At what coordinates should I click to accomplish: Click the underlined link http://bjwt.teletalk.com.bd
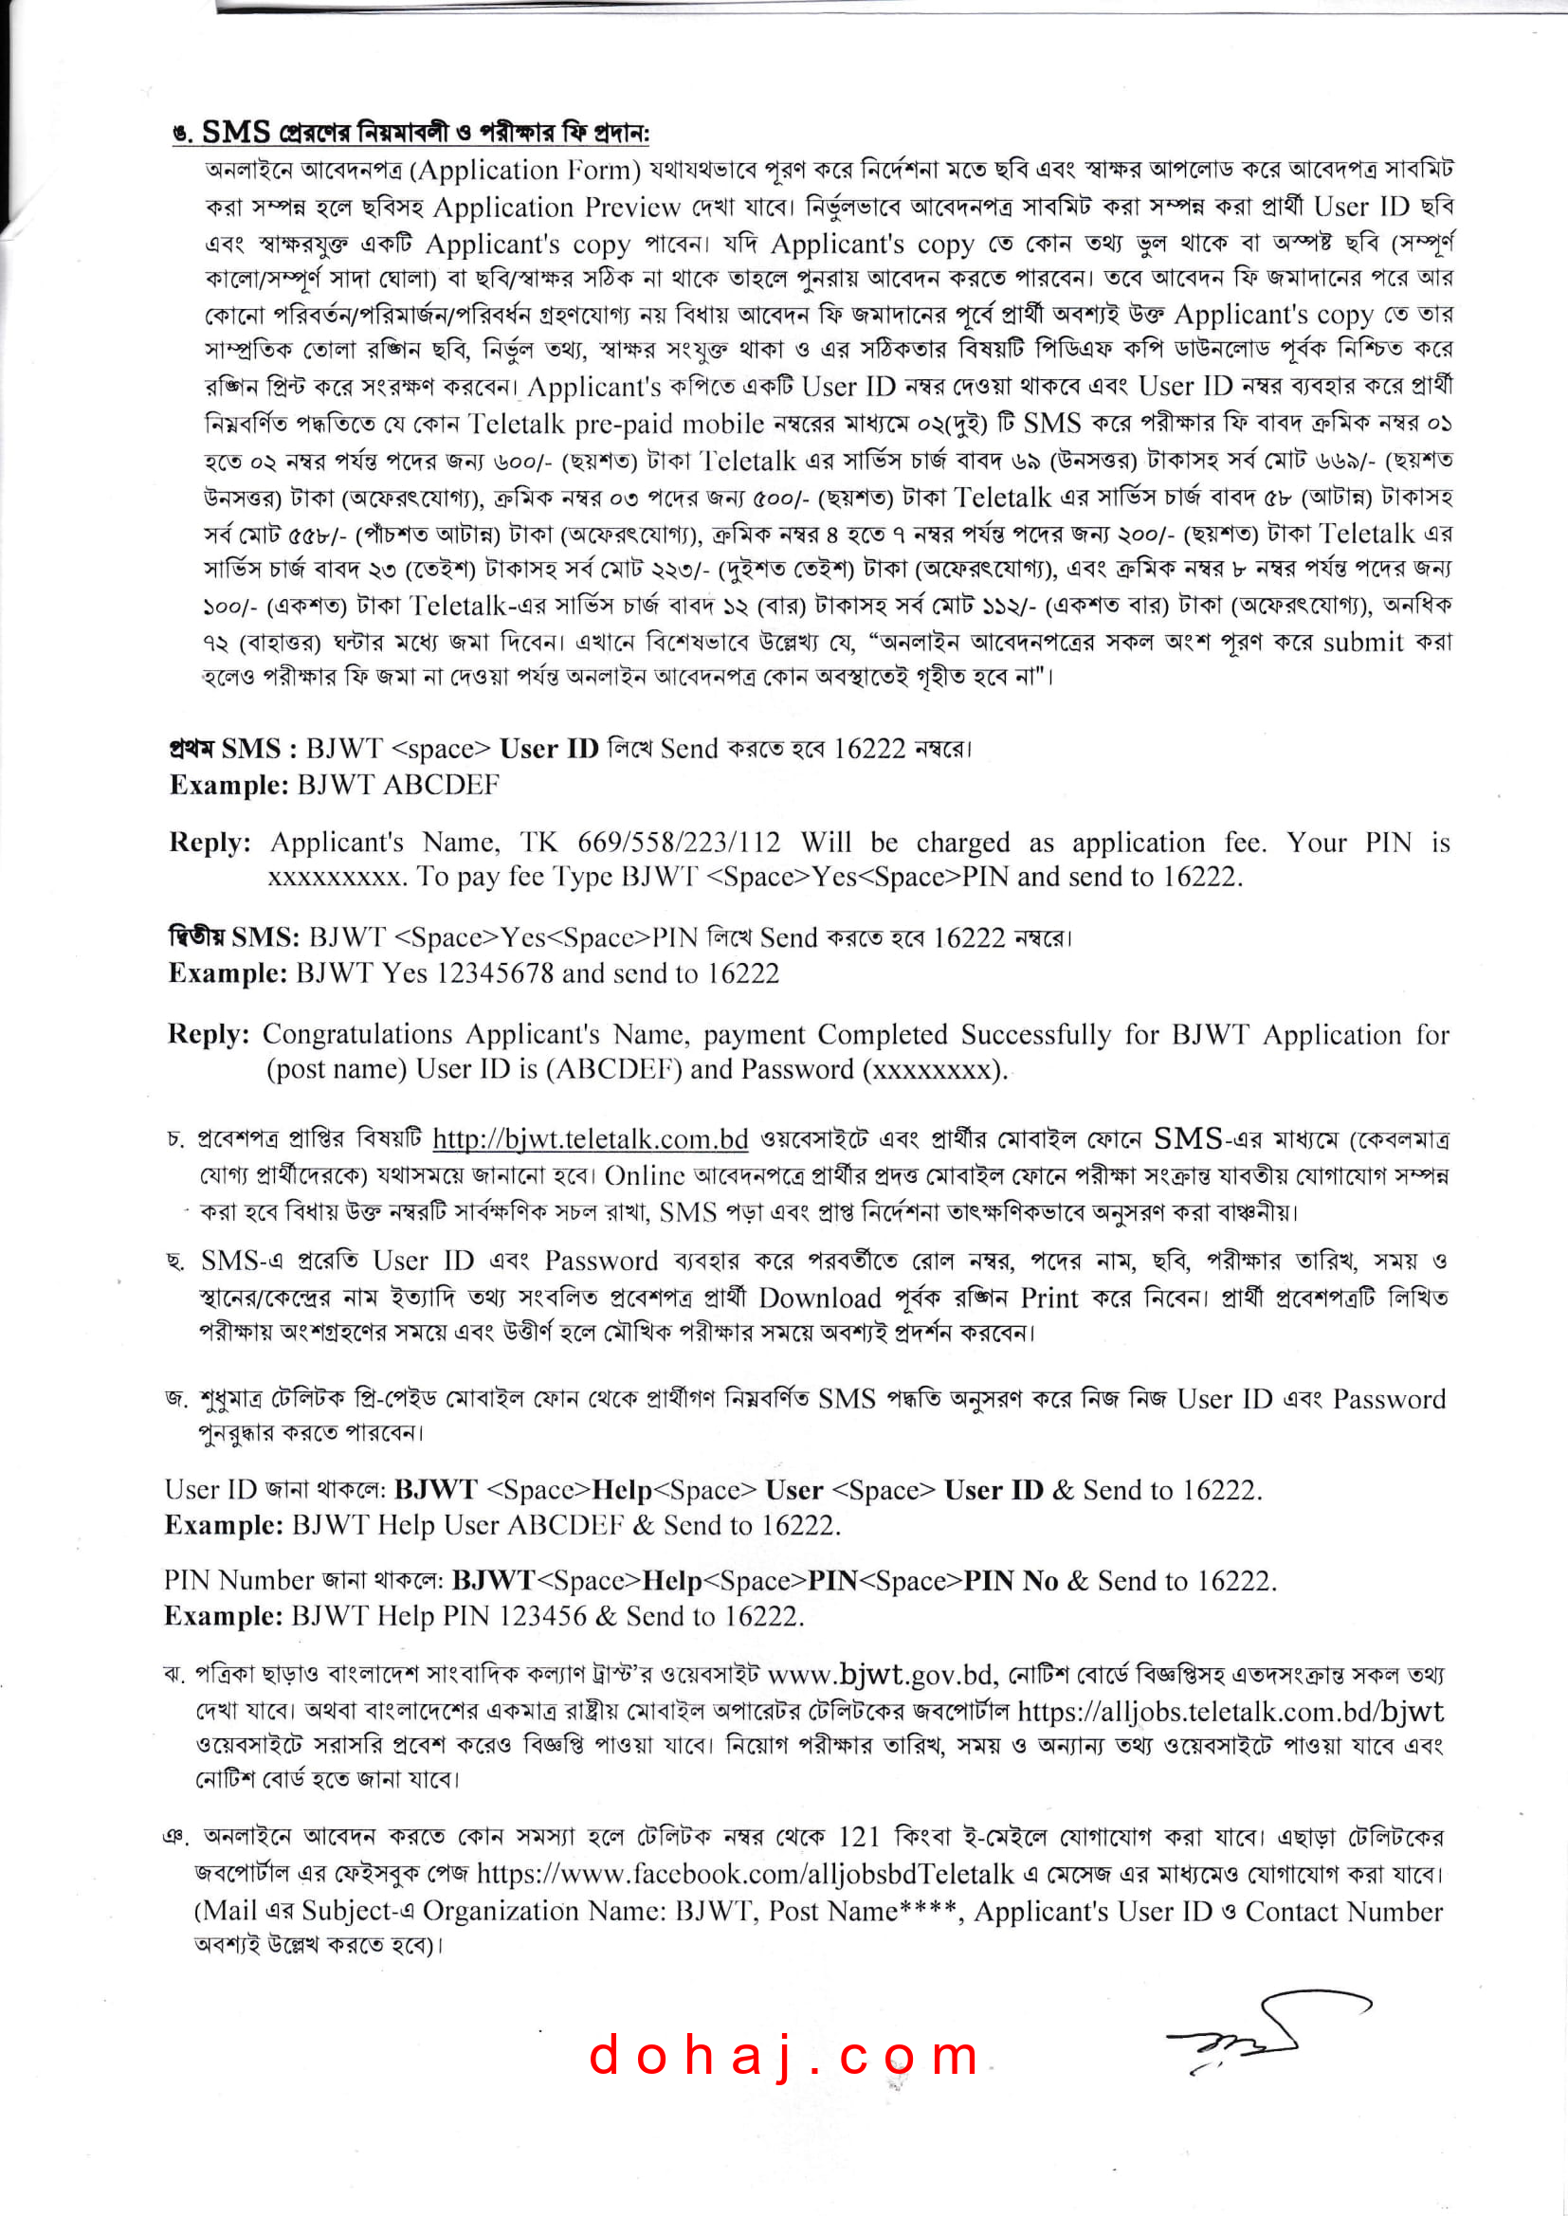point(590,1139)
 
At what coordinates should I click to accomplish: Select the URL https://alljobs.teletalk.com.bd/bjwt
point(1231,1711)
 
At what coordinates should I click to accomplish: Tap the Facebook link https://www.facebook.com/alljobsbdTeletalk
point(744,1875)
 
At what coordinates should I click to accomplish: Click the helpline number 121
point(858,1837)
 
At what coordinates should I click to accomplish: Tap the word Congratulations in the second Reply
point(357,1034)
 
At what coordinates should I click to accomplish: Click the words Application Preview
point(556,208)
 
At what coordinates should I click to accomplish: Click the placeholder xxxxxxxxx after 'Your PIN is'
point(335,877)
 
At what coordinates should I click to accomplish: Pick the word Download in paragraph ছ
point(820,1299)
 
